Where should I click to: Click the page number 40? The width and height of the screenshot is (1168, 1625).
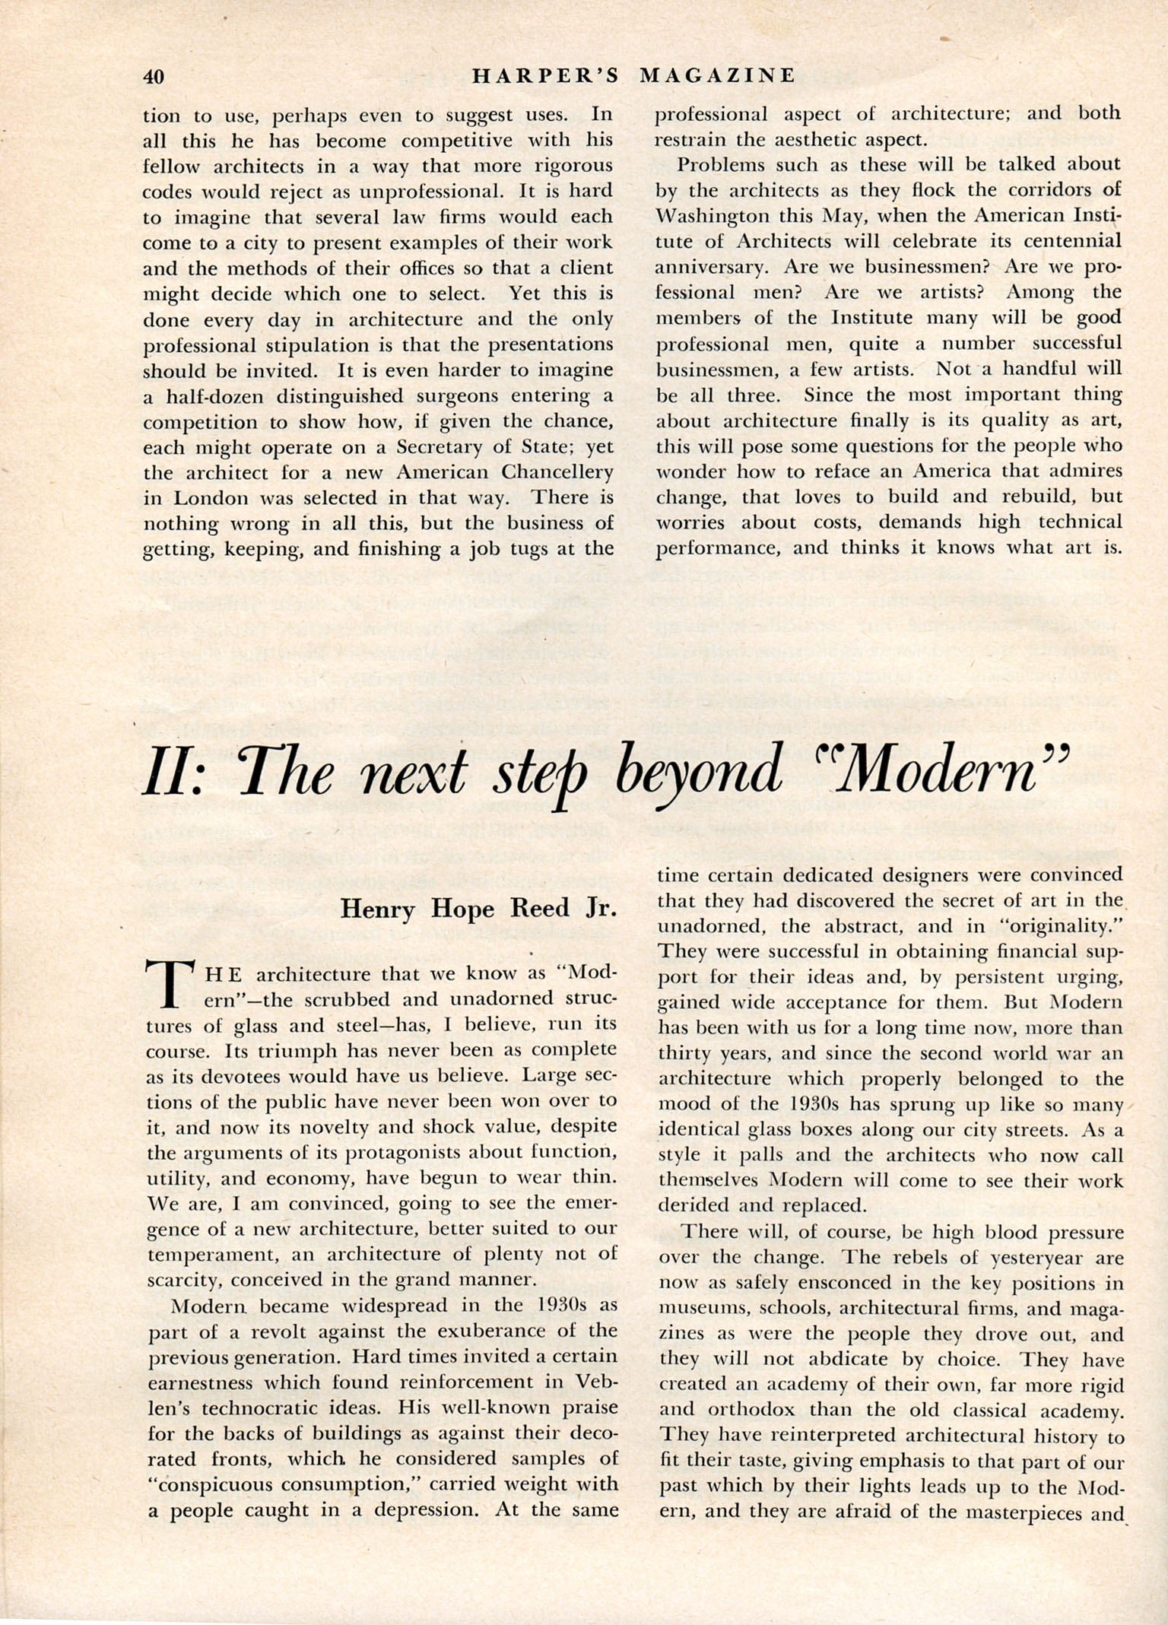pos(154,77)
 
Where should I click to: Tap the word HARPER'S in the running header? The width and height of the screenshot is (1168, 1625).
pos(545,76)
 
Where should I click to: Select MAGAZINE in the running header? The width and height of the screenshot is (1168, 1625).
pos(718,76)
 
